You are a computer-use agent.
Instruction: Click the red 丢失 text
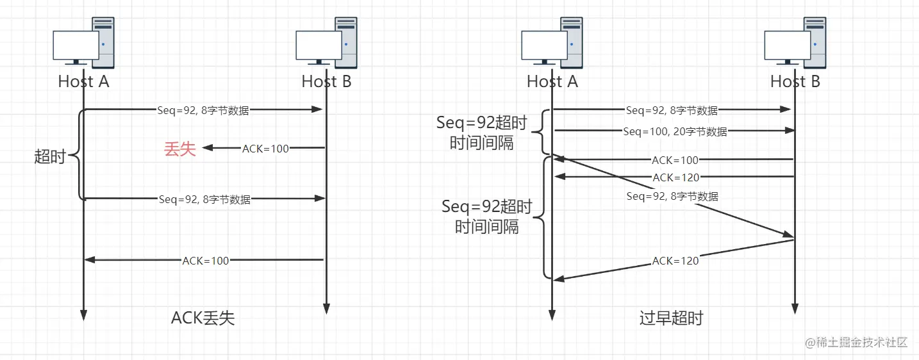click(179, 149)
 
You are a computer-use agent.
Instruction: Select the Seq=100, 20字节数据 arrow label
click(675, 131)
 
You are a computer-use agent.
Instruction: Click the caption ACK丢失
click(203, 318)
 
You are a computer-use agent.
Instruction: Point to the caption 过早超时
click(671, 318)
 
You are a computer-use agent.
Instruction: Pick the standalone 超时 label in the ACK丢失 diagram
click(50, 157)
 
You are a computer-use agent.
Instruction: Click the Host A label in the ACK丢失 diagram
click(83, 81)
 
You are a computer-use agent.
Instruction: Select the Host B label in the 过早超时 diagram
click(795, 81)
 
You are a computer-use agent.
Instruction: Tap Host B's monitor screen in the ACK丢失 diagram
click(319, 45)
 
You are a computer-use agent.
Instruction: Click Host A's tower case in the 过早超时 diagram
click(572, 42)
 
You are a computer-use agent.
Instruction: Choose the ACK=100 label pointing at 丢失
click(265, 149)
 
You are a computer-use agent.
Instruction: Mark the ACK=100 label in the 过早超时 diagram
click(675, 160)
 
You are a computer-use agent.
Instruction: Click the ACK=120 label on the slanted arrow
click(675, 261)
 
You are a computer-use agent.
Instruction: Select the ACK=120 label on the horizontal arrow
click(675, 177)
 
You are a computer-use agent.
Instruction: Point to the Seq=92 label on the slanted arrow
click(672, 197)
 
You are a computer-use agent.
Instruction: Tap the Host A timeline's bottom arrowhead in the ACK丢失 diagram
click(83, 315)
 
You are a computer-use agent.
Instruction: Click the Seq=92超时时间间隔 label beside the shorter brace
click(482, 133)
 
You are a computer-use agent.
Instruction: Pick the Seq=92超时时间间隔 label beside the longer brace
click(487, 217)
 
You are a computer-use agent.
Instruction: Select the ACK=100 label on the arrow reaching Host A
click(206, 261)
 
